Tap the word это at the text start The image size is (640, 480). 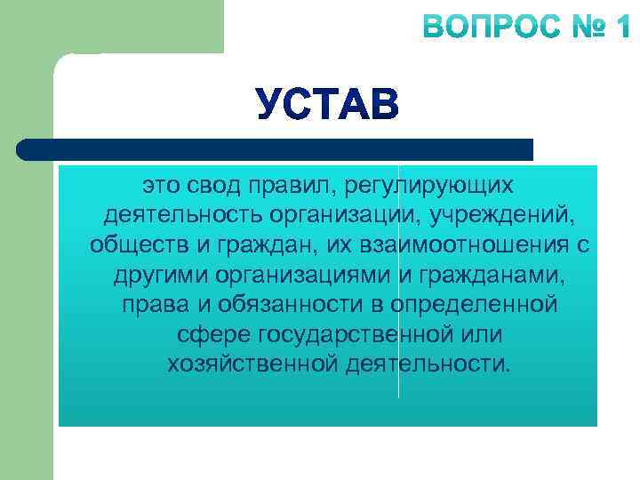point(161,185)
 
